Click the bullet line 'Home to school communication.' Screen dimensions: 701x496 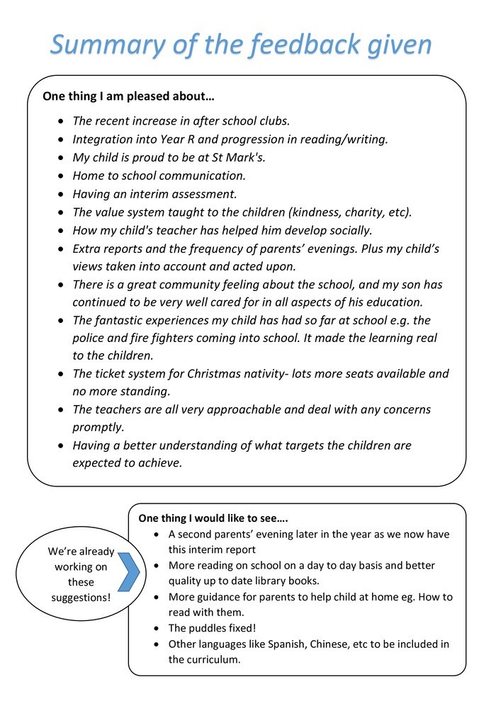pos(159,175)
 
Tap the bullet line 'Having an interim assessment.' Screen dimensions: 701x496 pos(154,193)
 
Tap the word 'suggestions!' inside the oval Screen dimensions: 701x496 pos(81,598)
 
